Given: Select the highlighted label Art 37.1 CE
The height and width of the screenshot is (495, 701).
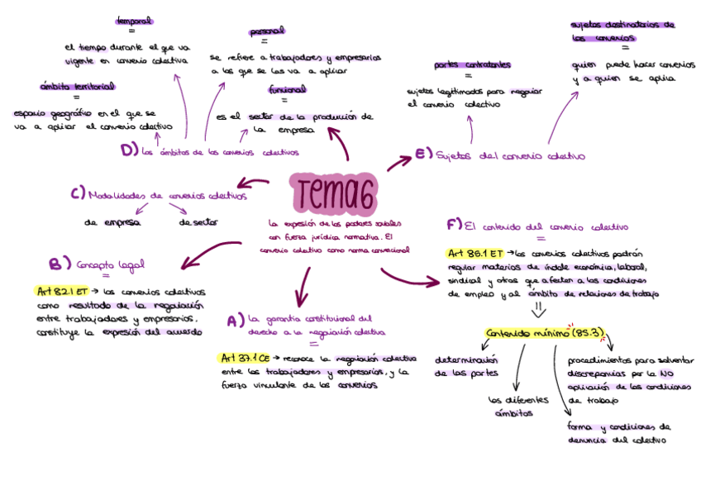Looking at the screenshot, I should [x=246, y=358].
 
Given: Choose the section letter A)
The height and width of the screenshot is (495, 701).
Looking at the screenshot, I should [x=235, y=320].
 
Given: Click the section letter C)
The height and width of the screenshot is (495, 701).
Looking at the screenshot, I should [x=78, y=194].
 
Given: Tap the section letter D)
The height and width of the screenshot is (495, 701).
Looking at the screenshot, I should [x=128, y=150].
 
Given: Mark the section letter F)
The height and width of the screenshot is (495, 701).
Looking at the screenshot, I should [x=453, y=225].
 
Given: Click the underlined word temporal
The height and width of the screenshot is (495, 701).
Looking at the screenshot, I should [x=135, y=20].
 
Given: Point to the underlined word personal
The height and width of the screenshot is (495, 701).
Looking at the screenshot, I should [x=266, y=31].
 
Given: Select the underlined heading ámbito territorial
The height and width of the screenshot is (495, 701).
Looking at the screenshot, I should [x=77, y=86].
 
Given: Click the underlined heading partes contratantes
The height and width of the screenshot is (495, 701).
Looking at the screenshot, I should [x=471, y=64].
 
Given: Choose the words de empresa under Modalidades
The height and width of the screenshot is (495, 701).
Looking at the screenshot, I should [x=112, y=221].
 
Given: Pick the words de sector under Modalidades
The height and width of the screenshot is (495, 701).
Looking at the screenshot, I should [x=198, y=221].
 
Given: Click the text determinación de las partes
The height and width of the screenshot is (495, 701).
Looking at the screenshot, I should [x=467, y=366].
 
